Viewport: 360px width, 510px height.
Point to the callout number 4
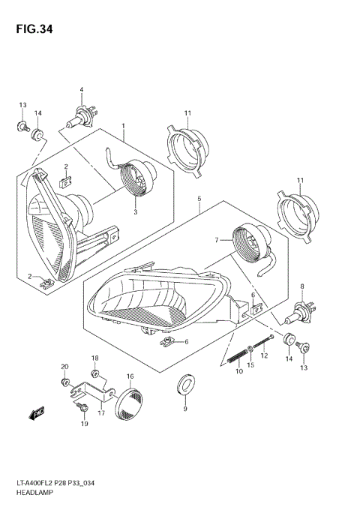(x=81, y=91)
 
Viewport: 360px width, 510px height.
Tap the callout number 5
(x=199, y=199)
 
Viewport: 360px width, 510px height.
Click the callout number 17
(x=101, y=412)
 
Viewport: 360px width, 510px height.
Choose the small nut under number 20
(x=66, y=382)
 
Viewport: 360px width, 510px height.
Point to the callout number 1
(x=123, y=126)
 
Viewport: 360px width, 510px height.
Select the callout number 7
(x=215, y=241)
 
